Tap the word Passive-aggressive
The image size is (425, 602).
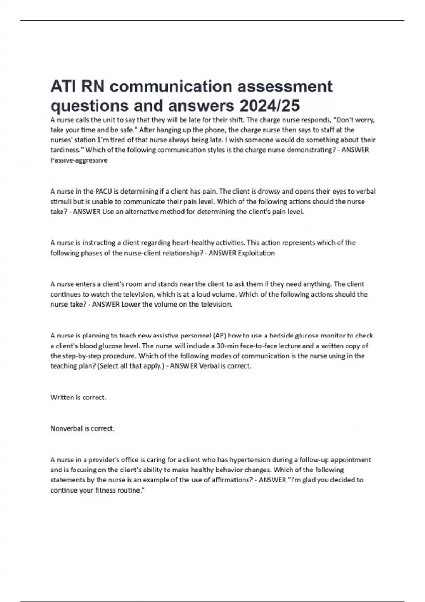(x=79, y=160)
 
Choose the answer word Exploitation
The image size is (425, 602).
(x=256, y=253)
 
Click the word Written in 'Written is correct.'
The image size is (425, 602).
(x=62, y=398)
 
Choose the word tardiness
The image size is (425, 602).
(x=66, y=150)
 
